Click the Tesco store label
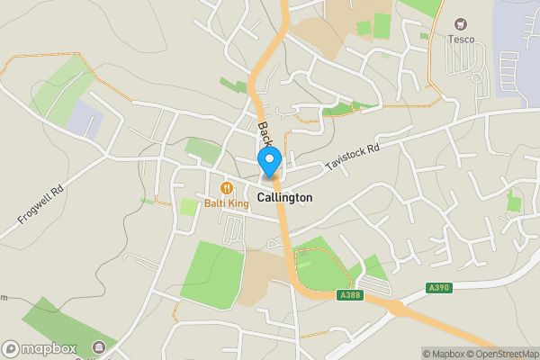click(462, 39)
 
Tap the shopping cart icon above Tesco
click(462, 23)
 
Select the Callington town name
click(284, 197)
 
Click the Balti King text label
click(226, 203)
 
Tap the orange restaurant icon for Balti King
click(226, 188)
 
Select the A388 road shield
click(352, 294)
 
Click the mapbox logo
click(40, 348)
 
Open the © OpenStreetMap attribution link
click(499, 353)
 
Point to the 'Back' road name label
click(265, 135)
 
